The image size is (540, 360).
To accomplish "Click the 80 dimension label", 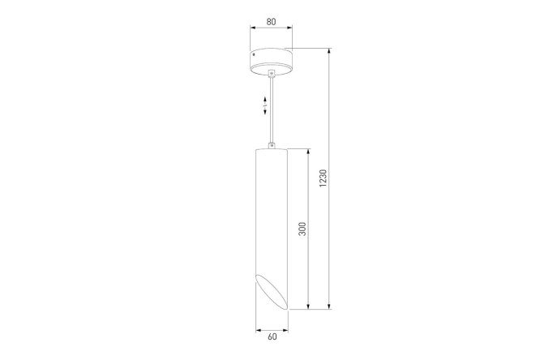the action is point(272,21).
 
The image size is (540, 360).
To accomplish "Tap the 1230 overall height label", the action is point(323,178).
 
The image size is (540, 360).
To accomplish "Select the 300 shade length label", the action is point(302,229).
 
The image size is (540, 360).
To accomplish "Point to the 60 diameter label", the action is point(272,336).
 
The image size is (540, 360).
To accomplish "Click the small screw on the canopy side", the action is point(254,54).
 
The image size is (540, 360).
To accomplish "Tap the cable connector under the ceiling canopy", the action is point(272,74).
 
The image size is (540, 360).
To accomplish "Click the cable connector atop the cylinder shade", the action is point(272,146).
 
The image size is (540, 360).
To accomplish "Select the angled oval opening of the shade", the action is point(272,291).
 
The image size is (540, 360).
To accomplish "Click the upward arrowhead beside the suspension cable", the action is point(265,99).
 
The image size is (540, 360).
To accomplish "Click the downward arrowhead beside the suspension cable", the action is point(265,111).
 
